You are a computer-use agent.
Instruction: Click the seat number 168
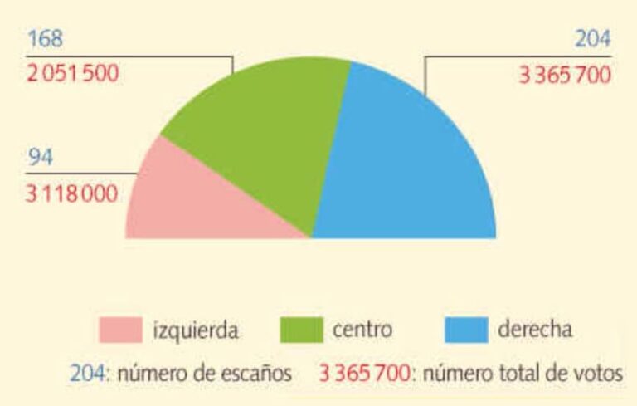pos(45,39)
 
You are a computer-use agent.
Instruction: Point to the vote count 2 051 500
pos(72,73)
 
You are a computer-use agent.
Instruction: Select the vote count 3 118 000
pos(72,193)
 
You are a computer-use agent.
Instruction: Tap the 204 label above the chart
pos(592,40)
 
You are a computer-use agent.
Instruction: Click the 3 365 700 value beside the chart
pos(565,76)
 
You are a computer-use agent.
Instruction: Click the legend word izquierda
pos(197,330)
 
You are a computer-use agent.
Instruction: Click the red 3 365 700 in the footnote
pos(364,374)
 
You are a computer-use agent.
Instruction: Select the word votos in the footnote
pos(598,374)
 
